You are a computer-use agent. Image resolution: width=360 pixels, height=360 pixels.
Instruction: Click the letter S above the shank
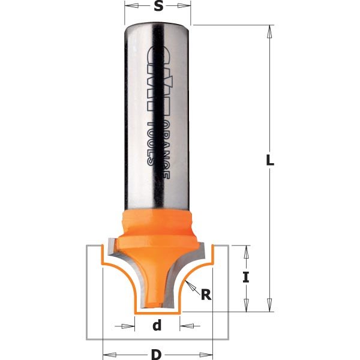pos(158,7)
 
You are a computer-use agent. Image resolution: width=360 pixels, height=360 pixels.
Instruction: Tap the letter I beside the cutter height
pos(245,278)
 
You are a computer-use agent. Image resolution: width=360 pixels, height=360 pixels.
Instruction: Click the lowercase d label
pos(157,326)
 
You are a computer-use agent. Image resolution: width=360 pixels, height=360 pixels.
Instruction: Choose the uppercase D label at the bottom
pos(157,355)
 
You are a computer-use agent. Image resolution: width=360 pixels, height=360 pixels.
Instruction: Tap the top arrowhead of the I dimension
pos(245,251)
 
